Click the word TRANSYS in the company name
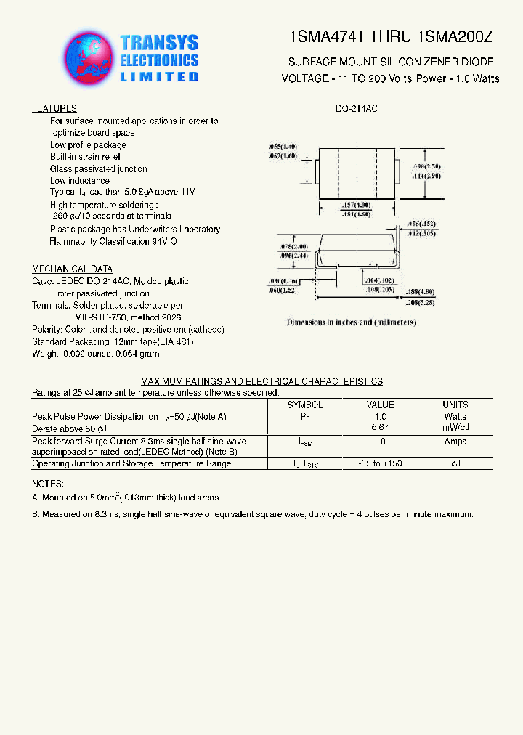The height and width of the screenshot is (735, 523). tap(158, 44)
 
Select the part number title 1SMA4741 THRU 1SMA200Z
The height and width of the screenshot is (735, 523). tap(390, 37)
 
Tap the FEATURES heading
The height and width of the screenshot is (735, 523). tap(54, 109)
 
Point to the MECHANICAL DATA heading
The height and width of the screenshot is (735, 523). tap(72, 269)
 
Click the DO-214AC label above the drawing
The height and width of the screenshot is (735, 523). tap(357, 109)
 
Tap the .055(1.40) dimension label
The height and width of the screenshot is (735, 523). tap(283, 147)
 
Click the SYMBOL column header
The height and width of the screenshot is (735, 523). tap(305, 405)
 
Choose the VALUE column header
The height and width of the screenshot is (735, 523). tap(380, 405)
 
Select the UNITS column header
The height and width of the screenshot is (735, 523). tap(455, 405)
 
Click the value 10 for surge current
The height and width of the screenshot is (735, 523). tap(380, 442)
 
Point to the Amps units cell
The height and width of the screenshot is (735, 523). tap(455, 442)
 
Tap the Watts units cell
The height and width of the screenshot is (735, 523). tap(455, 417)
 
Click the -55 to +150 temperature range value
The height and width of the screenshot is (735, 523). tap(380, 463)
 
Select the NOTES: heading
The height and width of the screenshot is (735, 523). tap(48, 484)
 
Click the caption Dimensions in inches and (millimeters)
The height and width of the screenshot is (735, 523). tap(351, 322)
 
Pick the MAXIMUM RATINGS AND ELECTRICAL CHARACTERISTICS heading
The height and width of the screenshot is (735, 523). tap(261, 381)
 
